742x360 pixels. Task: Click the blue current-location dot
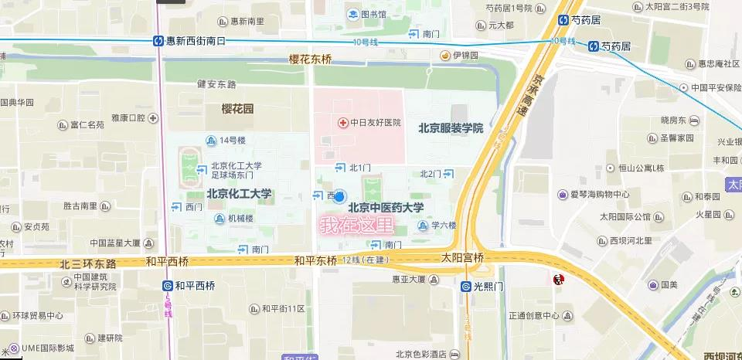pos(339,197)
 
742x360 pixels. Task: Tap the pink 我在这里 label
pos(357,226)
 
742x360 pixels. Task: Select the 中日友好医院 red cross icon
pos(342,122)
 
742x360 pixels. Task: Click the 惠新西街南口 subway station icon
pos(158,41)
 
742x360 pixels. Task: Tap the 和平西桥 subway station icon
pos(167,285)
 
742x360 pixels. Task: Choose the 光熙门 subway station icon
pos(465,286)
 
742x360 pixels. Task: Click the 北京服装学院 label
pos(451,128)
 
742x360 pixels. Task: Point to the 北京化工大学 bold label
pos(239,193)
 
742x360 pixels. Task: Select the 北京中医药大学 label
pos(386,207)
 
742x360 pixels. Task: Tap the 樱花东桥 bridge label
pos(310,59)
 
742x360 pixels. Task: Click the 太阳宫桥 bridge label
pos(462,257)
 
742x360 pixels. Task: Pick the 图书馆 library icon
pos(352,13)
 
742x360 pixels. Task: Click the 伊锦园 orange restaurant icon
pos(445,56)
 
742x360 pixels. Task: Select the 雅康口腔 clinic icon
pos(154,118)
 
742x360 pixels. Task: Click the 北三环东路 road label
pos(88,263)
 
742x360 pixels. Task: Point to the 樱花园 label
pos(237,110)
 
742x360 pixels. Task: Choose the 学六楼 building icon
pos(422,226)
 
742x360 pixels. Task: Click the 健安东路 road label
pos(216,83)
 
